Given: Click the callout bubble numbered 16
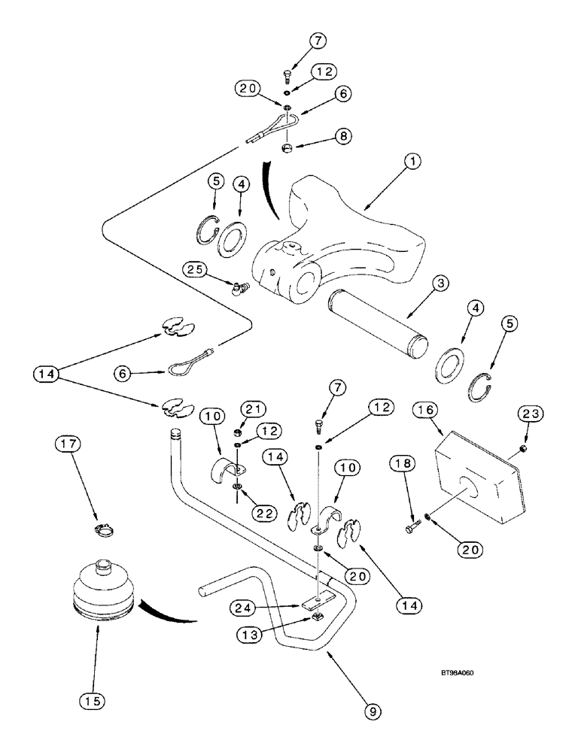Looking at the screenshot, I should click(424, 412).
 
